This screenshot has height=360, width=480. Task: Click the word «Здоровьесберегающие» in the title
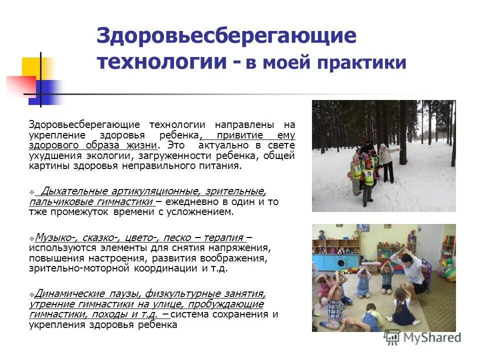(226, 36)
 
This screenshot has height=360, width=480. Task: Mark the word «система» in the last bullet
(190, 314)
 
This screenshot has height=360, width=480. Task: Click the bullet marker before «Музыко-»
(31, 239)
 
